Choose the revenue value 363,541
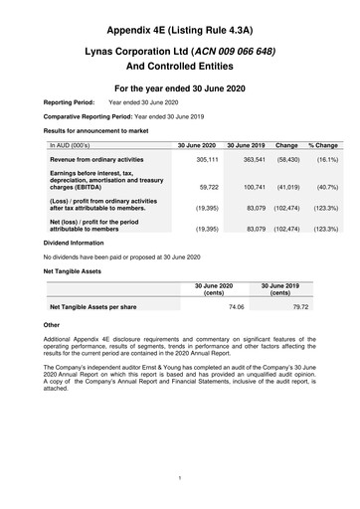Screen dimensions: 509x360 (x=248, y=160)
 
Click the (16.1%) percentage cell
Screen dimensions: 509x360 (x=326, y=160)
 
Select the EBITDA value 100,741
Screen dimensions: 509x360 (x=248, y=187)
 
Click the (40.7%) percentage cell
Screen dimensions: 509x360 (x=326, y=187)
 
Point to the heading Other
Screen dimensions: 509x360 (x=52, y=325)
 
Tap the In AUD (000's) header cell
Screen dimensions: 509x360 (x=70, y=145)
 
